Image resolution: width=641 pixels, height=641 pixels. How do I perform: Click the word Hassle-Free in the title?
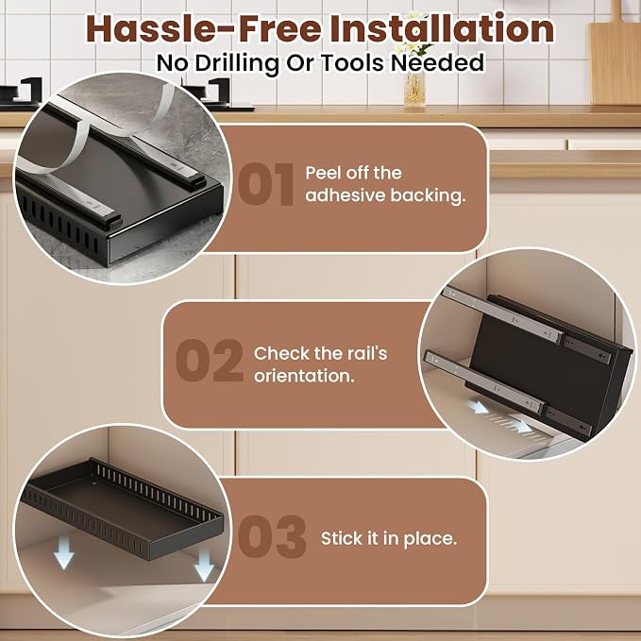(204, 28)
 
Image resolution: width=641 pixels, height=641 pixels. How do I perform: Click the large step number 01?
(266, 184)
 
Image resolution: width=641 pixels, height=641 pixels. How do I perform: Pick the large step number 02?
(210, 361)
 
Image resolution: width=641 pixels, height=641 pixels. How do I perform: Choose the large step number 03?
(272, 536)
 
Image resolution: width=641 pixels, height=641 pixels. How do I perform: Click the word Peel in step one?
(323, 173)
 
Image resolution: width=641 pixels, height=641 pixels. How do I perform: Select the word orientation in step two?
(304, 376)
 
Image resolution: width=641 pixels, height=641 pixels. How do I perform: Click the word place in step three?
(430, 539)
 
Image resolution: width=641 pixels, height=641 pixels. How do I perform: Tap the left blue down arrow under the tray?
(64, 552)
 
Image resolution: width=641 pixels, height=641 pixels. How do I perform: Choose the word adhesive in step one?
(346, 195)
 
